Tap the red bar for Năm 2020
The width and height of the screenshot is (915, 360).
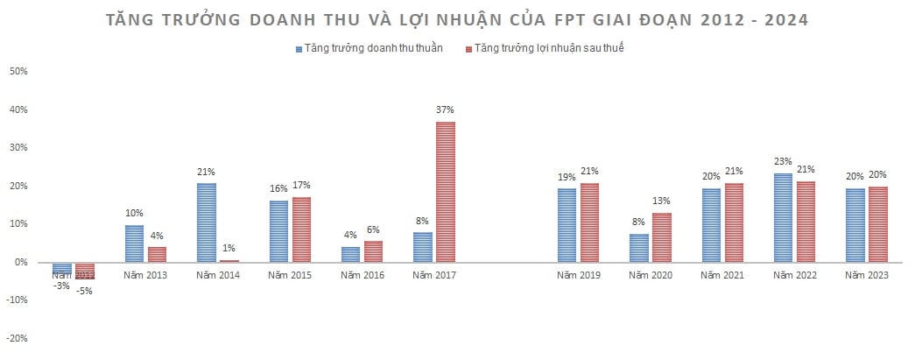662,237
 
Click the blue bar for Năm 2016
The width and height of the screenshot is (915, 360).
350,254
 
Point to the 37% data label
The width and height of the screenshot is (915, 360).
446,110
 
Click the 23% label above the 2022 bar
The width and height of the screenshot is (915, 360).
782,162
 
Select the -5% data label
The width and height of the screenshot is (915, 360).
84,291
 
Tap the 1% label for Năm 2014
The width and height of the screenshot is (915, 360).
229,249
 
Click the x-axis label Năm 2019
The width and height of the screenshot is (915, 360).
579,275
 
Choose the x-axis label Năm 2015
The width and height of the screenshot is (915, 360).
290,275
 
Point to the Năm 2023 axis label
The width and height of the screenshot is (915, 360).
866,275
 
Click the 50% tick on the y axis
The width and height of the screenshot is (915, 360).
19,72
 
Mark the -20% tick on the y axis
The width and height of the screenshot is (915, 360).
18,338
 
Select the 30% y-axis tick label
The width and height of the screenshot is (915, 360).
19,148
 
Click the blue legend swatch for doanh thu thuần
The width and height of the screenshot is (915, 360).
299,49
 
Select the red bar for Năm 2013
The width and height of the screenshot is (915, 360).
157,254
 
